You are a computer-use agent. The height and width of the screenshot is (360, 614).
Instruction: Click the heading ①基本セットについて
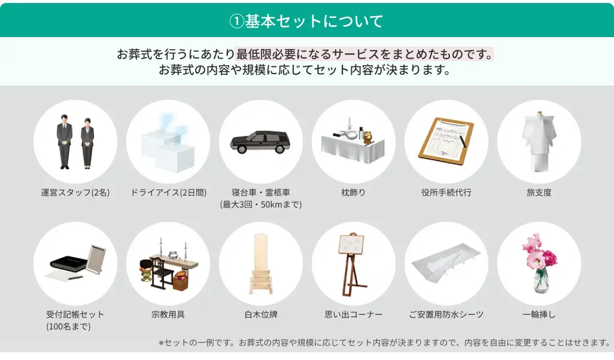[306, 21]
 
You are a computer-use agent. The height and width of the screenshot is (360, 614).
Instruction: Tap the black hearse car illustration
[260, 142]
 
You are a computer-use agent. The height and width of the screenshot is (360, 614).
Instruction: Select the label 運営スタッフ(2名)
[75, 193]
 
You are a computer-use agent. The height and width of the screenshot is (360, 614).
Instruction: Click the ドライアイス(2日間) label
[168, 193]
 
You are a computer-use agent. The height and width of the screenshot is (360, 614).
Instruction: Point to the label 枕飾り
[353, 193]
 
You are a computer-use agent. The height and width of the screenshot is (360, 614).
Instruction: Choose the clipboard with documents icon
[446, 139]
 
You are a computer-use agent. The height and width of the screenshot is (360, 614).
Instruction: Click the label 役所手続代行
[446, 193]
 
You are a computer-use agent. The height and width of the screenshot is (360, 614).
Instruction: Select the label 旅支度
[539, 193]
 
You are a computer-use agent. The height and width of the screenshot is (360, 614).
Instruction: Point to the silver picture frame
[95, 258]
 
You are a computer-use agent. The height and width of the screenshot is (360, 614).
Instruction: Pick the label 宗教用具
[168, 315]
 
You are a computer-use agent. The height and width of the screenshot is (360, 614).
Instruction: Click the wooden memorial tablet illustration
[261, 263]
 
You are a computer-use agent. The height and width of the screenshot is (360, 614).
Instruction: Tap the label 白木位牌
[261, 315]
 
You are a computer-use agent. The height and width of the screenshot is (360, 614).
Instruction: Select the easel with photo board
[352, 262]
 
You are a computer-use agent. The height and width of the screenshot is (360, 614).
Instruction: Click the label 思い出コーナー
[353, 315]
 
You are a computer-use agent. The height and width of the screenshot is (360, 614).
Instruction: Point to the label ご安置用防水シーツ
[446, 315]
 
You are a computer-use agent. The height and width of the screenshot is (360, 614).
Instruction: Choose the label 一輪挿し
[539, 315]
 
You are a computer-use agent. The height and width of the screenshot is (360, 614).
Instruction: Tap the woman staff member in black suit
[88, 142]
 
